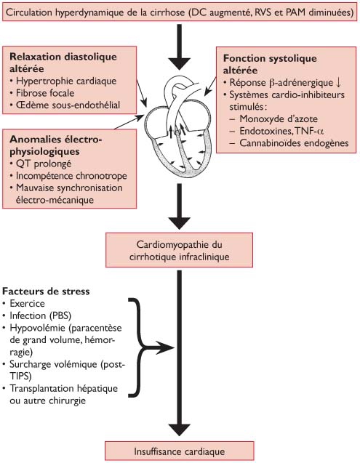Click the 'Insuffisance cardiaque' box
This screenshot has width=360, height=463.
point(179,449)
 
